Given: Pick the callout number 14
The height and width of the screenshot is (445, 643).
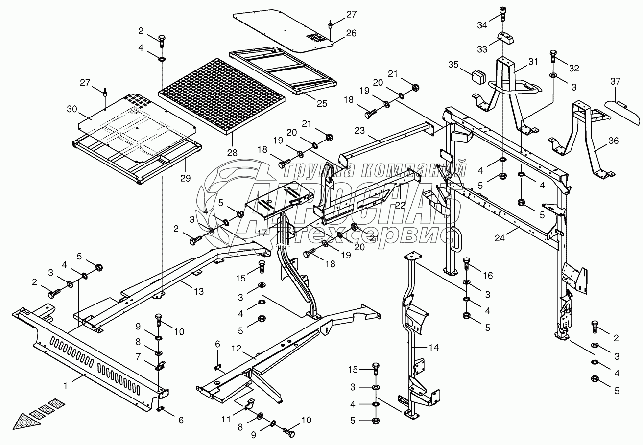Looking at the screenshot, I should (434, 348).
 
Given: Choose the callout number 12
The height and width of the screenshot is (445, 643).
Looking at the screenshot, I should (236, 348).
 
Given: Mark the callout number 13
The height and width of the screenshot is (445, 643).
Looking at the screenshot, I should (198, 292).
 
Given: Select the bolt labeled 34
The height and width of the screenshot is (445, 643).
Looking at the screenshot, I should (503, 14).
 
